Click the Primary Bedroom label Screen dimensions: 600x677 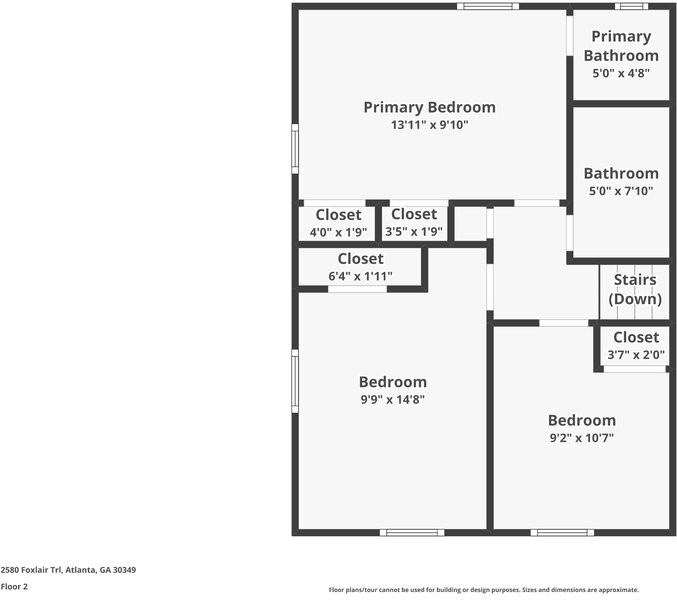click(x=429, y=107)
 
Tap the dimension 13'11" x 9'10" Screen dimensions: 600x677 click(x=429, y=125)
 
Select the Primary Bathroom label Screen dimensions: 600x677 click(x=621, y=46)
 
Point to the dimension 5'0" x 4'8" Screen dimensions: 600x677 click(x=621, y=73)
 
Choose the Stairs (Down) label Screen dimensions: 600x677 click(x=635, y=289)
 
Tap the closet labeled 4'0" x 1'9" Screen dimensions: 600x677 click(x=338, y=223)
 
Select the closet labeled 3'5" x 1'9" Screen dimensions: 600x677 click(x=413, y=223)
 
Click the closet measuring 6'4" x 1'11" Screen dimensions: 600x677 click(x=360, y=267)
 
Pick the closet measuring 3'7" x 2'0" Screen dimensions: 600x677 click(x=635, y=346)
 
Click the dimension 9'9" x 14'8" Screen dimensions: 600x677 click(x=392, y=400)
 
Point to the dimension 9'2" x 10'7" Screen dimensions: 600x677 click(x=581, y=438)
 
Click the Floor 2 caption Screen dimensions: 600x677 click(x=14, y=587)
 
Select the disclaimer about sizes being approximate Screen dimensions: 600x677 click(x=484, y=590)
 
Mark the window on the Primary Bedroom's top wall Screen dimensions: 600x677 click(x=488, y=7)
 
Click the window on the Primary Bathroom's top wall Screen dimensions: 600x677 click(x=631, y=7)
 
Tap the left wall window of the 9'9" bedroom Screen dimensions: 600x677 click(x=295, y=380)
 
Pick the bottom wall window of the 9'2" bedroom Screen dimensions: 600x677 click(x=562, y=532)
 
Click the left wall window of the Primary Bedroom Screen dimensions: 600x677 click(x=295, y=148)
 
